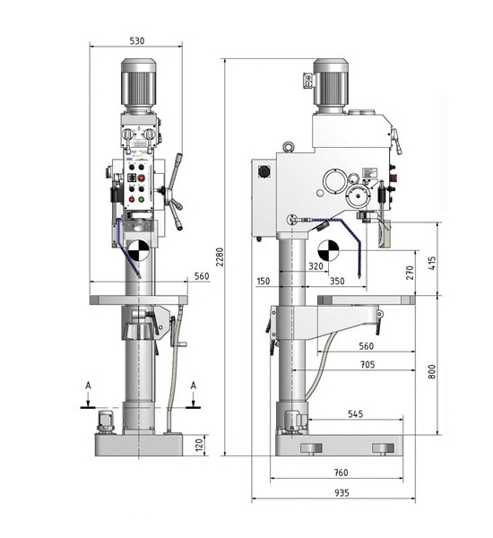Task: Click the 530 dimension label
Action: (x=137, y=41)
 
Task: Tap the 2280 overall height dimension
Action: (x=220, y=256)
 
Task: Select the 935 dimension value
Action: (x=342, y=492)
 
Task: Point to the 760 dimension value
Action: (x=341, y=473)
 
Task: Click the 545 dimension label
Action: (x=356, y=413)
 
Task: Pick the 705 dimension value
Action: (x=368, y=364)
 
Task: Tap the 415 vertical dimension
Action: (x=432, y=263)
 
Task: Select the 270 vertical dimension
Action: (x=410, y=273)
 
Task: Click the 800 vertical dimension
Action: (x=432, y=371)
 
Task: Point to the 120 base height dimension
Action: (x=199, y=445)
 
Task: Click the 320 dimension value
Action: (x=316, y=266)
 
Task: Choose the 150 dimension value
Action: (x=264, y=281)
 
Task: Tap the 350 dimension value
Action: (x=337, y=281)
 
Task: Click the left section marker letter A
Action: (x=88, y=386)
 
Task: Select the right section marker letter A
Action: (x=194, y=386)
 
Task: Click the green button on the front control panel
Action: (x=141, y=199)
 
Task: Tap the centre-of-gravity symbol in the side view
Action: (x=328, y=250)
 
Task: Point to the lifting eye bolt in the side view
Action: (x=289, y=147)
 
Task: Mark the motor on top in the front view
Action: (x=139, y=86)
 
